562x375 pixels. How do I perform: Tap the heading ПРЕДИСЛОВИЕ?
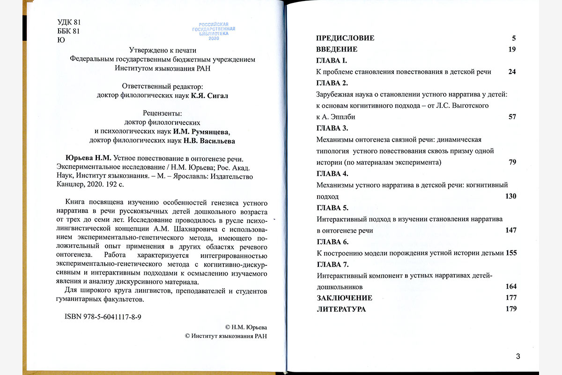click(345, 38)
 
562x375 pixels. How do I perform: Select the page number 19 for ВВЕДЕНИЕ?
click(512, 49)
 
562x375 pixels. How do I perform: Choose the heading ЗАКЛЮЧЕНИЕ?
click(344, 298)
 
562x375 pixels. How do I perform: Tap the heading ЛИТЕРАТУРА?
click(341, 309)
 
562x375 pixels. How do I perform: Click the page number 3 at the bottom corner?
click(518, 356)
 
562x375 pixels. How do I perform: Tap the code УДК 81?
click(69, 22)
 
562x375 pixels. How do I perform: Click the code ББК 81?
click(69, 31)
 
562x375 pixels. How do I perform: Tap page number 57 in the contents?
click(512, 117)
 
